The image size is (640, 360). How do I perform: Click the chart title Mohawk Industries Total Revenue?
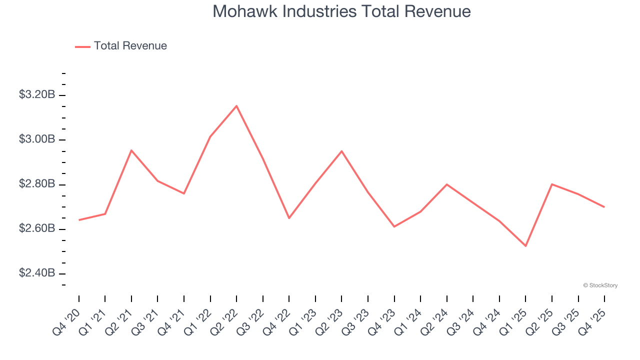click(x=341, y=11)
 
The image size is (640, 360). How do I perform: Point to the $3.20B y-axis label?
click(x=37, y=94)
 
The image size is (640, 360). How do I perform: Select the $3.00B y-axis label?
click(x=37, y=139)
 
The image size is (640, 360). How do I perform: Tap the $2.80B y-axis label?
click(x=37, y=184)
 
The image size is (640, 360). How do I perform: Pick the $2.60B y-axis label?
click(x=37, y=228)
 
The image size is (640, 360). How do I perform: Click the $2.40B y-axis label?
click(x=37, y=273)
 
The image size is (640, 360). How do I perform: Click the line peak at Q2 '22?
click(x=236, y=105)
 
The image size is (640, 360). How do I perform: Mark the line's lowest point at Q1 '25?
click(x=525, y=246)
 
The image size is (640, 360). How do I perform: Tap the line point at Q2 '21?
click(x=131, y=150)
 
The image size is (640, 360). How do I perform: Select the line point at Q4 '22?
click(x=289, y=218)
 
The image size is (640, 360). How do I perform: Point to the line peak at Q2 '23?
click(x=341, y=151)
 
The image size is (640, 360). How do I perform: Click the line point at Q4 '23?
click(x=394, y=226)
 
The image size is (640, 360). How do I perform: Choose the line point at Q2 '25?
click(x=551, y=184)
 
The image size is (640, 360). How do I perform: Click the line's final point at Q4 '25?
click(x=604, y=207)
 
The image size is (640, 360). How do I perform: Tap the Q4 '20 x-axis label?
click(x=66, y=321)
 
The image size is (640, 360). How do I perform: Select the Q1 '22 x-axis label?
click(x=197, y=321)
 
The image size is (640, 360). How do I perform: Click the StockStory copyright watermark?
click(x=600, y=285)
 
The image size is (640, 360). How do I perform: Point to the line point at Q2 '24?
click(x=446, y=184)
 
